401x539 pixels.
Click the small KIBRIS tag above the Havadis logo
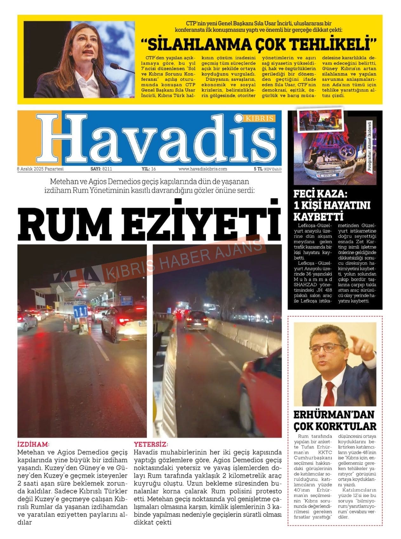point(259,118)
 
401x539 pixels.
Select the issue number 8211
point(107,169)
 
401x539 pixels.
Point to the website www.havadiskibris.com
point(203,169)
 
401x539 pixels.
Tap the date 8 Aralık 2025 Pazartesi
point(40,169)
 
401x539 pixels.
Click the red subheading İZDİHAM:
point(33,444)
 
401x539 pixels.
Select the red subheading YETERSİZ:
point(151,444)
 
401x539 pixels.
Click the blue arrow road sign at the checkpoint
point(80,311)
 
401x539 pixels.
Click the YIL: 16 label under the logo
point(148,169)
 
